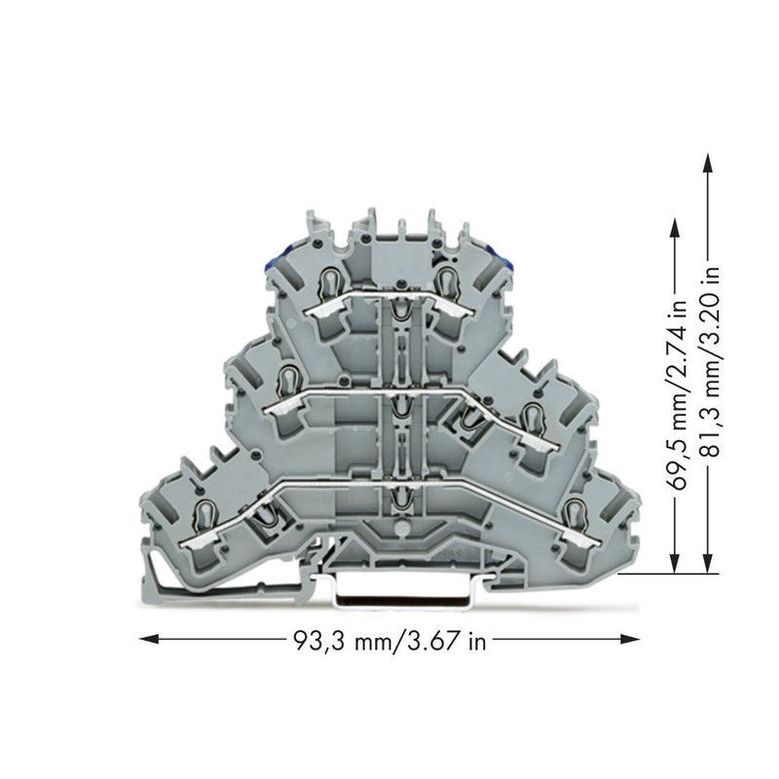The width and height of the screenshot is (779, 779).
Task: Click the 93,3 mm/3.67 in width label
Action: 390,641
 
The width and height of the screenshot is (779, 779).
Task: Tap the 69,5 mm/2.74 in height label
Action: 679,394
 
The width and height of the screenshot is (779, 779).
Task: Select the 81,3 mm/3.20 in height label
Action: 711,362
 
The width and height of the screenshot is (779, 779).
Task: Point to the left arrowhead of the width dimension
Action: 149,639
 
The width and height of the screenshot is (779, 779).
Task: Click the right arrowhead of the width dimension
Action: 630,639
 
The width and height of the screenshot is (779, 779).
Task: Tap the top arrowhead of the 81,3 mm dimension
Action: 709,163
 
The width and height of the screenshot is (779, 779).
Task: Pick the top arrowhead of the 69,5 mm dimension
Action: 674,230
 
